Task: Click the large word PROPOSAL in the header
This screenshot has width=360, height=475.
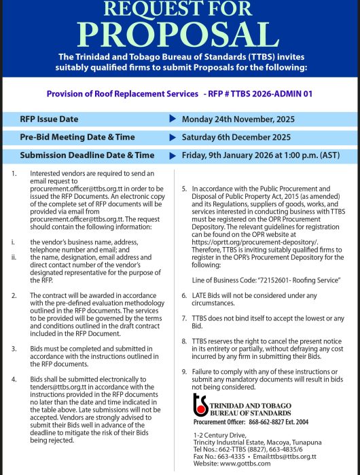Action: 179,33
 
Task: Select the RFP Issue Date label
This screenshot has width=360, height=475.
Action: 49,119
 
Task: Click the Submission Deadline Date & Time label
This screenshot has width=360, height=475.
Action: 87,155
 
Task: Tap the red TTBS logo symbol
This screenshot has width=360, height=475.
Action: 200,404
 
